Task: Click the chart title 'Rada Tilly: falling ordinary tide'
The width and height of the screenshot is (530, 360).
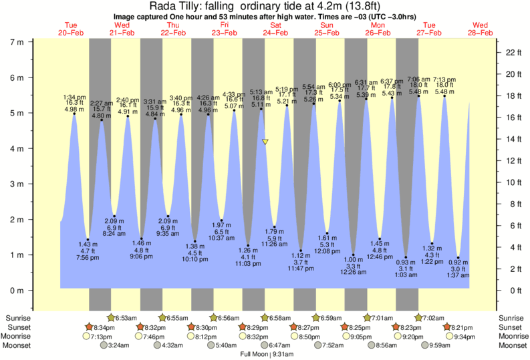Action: (x=265, y=7)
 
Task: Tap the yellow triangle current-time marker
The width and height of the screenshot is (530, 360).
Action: (x=265, y=142)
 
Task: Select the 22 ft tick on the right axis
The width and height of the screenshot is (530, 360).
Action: (x=511, y=52)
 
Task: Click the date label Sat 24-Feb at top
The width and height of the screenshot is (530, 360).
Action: (x=275, y=29)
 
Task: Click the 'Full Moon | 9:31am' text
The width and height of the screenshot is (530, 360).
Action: (x=265, y=355)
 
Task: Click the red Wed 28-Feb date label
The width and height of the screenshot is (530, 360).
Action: (x=480, y=29)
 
